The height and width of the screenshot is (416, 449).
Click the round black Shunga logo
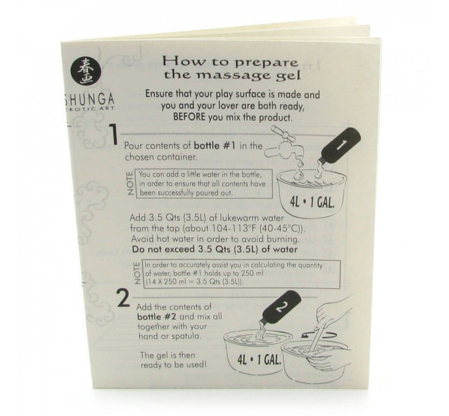85,71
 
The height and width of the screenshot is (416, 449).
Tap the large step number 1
114,135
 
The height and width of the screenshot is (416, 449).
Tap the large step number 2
123,298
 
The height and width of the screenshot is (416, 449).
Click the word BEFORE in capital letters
190,117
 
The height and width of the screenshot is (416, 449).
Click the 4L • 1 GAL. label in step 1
312,203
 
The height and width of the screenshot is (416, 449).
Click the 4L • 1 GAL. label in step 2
259,360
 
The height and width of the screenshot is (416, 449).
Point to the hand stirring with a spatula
326,324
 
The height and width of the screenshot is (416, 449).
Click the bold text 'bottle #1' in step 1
215,146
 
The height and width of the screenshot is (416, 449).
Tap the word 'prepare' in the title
265,62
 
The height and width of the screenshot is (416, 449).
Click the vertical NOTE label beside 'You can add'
130,184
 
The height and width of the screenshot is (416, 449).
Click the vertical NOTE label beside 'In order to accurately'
137,273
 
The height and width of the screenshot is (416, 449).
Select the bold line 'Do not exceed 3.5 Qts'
215,249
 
